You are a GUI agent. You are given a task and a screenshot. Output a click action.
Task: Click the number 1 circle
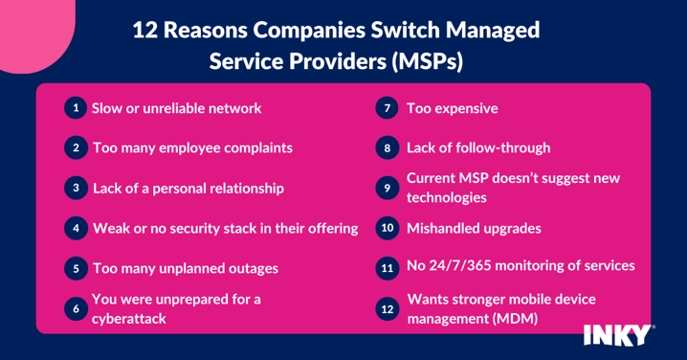coord(76,108)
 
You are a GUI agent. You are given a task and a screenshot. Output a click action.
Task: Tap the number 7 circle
coord(387,108)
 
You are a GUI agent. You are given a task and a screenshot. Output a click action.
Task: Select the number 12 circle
coord(387,309)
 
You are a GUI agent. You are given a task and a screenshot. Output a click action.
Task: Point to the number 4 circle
coord(76,229)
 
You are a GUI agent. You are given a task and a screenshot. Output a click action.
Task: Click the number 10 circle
coord(387,229)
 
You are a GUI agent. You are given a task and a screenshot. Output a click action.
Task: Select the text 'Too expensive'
coord(452,108)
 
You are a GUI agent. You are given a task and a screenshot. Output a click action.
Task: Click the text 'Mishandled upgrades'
coord(474,229)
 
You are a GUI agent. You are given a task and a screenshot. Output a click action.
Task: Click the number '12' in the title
coord(145,30)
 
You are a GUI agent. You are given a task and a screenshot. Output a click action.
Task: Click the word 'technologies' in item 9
coord(447,197)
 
